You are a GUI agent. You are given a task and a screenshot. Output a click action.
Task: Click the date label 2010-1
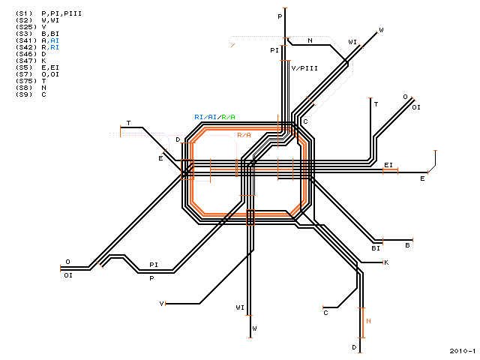coord(463,351)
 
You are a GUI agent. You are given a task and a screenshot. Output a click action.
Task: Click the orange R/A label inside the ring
coord(244,135)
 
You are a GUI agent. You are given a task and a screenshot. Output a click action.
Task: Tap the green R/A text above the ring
coord(228,117)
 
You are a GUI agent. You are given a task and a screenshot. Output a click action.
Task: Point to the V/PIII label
coord(304,68)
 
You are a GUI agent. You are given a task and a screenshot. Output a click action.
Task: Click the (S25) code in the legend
coord(26,27)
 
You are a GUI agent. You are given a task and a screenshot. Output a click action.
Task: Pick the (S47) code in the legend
coord(26,61)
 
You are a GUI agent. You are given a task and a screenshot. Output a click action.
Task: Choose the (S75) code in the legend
coord(26,81)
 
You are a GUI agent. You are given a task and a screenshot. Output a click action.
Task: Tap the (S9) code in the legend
coord(24,94)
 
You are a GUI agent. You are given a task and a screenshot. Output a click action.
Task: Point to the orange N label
coord(368,321)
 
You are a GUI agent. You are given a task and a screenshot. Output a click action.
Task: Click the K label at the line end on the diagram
coord(386,262)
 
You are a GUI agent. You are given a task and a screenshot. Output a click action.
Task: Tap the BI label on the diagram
coord(376,248)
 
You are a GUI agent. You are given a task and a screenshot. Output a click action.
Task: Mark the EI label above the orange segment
coord(388,165)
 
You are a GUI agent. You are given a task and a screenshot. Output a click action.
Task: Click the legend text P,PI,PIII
coord(61,13)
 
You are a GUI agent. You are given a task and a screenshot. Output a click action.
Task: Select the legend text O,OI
coord(50,74)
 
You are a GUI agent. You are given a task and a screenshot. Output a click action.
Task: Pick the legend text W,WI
coord(50,20)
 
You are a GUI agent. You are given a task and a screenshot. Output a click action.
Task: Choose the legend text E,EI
coord(50,67)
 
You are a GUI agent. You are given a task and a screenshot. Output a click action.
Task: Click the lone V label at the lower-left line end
coord(162,304)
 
